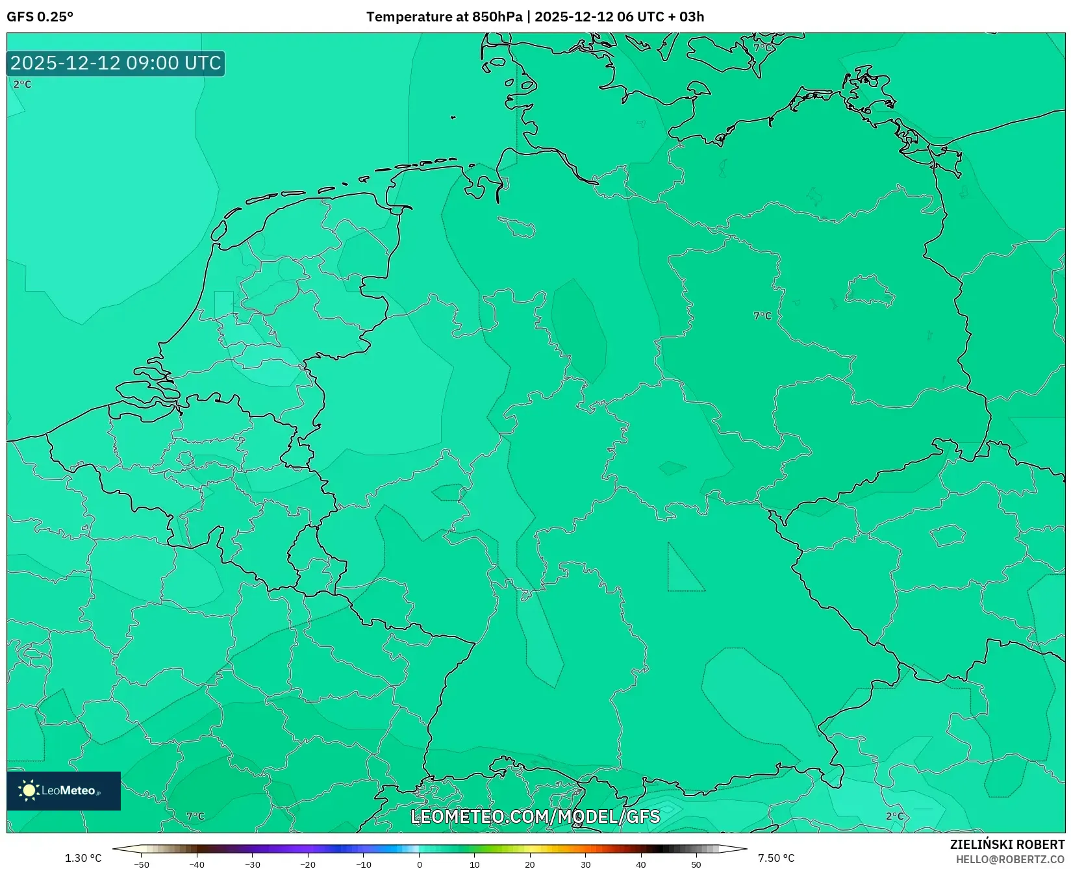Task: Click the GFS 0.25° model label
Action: (40, 16)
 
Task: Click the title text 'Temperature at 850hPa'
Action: (444, 16)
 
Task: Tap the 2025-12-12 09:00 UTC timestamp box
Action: (116, 63)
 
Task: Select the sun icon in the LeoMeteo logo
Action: (29, 790)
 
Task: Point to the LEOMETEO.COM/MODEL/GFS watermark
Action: (535, 816)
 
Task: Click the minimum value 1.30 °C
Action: (83, 858)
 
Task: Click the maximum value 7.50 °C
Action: (776, 858)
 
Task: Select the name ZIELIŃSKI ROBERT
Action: (1007, 844)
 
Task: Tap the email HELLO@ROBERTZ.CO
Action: (1009, 859)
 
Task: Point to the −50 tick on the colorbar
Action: (141, 864)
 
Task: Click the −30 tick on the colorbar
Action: (253, 864)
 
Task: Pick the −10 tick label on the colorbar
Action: (364, 864)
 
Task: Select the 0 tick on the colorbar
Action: (420, 864)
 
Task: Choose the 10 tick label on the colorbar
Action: (475, 864)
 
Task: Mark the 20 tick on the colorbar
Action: (530, 864)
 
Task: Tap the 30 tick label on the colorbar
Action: (586, 864)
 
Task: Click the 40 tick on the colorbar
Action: (641, 864)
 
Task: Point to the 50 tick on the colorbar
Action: (696, 864)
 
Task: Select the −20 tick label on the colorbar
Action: (308, 864)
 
